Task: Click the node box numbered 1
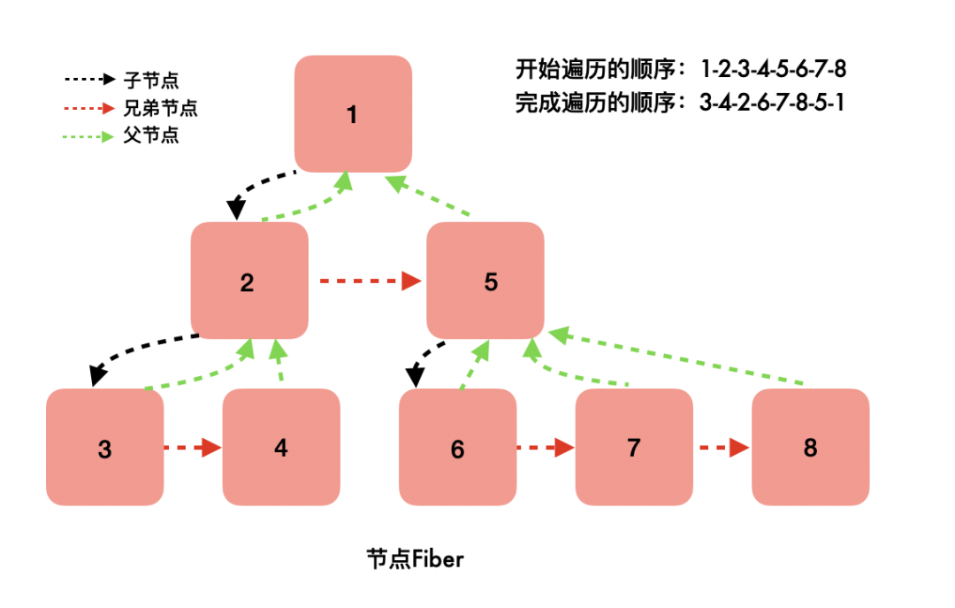353,114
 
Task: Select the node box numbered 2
249,281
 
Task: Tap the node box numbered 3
104,448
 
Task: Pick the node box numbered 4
281,448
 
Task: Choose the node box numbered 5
485,281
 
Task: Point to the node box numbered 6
457,448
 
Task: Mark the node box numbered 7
634,448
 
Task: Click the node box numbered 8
810,448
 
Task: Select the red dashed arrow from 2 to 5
369,281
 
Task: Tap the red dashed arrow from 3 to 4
193,448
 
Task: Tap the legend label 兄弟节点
161,108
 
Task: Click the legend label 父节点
151,136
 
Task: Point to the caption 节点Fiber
416,559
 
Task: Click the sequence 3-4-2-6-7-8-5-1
772,103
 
